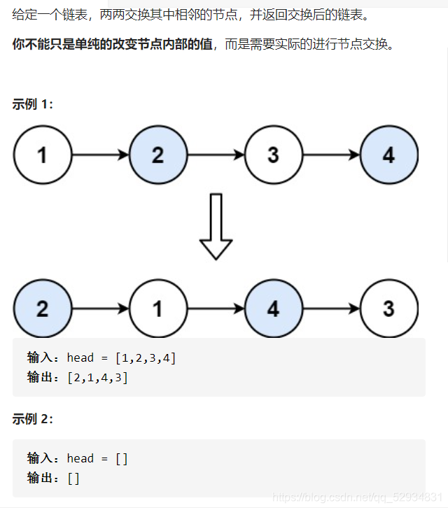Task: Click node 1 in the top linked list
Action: click(43, 155)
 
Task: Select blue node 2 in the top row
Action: click(158, 155)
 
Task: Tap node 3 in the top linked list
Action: click(273, 155)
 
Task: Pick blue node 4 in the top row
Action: click(388, 155)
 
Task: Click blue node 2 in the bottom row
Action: click(43, 309)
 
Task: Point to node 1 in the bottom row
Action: click(158, 309)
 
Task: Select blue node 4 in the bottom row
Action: click(273, 309)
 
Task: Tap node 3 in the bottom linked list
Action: click(388, 309)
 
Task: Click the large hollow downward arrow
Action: click(216, 227)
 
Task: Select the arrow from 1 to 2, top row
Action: click(101, 155)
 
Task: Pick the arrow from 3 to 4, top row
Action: click(331, 155)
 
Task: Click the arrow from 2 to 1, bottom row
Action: click(101, 309)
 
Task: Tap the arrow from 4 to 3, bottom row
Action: click(331, 309)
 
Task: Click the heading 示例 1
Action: click(32, 104)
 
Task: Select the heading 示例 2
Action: click(32, 419)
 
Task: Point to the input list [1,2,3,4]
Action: click(145, 358)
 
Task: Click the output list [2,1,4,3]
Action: click(97, 378)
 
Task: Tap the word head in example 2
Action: click(80, 459)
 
